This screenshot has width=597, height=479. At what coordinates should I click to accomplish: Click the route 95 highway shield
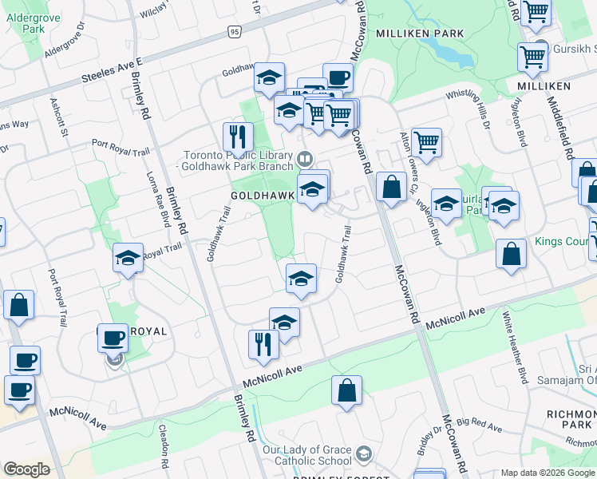pyautogui.click(x=233, y=31)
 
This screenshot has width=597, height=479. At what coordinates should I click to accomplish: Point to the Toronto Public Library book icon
pyautogui.click(x=305, y=158)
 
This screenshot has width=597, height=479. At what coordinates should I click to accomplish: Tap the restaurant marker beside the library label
pyautogui.click(x=238, y=139)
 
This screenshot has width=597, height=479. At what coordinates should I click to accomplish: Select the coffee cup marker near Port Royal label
pyautogui.click(x=113, y=338)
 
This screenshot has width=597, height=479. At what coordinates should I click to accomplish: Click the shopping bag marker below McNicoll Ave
pyautogui.click(x=347, y=391)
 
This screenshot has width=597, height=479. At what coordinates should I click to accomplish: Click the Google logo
pyautogui.click(x=26, y=469)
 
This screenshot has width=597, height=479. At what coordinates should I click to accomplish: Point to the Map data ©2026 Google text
pyautogui.click(x=548, y=473)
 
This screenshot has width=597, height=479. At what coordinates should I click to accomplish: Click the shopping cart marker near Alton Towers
pyautogui.click(x=427, y=143)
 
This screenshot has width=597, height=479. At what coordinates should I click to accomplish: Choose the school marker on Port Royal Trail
pyautogui.click(x=128, y=259)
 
